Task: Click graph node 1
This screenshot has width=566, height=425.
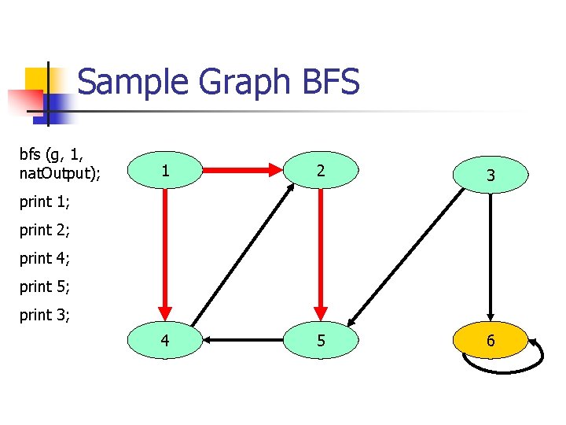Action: click(x=165, y=170)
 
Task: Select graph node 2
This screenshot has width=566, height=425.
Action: click(x=320, y=170)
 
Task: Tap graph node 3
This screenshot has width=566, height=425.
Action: click(x=491, y=176)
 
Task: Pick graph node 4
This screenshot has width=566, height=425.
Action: click(x=165, y=341)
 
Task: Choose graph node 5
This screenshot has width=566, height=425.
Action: click(x=320, y=341)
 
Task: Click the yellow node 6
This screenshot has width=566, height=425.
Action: click(x=491, y=341)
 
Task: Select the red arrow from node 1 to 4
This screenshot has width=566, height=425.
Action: click(x=165, y=252)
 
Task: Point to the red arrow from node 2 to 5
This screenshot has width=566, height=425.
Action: click(x=320, y=252)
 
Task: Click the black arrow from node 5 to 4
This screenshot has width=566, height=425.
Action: click(x=242, y=341)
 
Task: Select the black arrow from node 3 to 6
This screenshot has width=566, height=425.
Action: click(x=491, y=256)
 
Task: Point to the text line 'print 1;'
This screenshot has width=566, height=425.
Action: click(x=45, y=202)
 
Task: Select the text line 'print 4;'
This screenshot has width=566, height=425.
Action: click(x=45, y=259)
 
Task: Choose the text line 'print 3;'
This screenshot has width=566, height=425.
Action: click(x=45, y=316)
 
